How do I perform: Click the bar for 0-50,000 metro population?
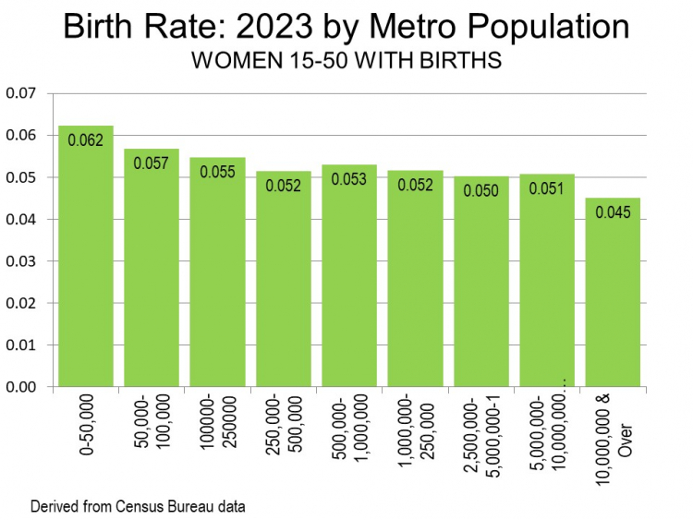coord(86,268)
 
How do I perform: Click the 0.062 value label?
coord(85,141)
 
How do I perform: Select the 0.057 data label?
coord(152,163)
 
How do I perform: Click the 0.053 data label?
coord(349,180)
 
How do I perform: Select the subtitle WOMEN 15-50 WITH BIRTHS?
coord(346,62)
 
